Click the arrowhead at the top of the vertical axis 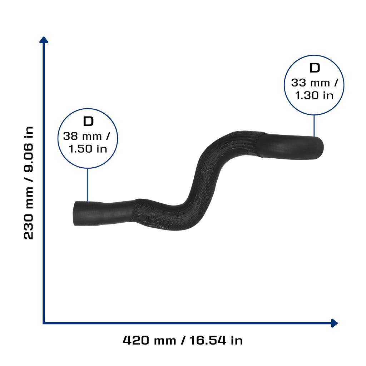tap(44, 40)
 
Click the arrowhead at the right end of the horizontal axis tap(335, 323)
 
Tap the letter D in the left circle tap(88, 122)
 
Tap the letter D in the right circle tap(315, 68)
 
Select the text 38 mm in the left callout tap(83, 136)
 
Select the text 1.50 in tap(88, 149)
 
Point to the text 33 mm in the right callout tap(311, 83)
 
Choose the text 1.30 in tap(314, 95)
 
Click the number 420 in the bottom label tap(136, 340)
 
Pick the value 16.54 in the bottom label tap(208, 340)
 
